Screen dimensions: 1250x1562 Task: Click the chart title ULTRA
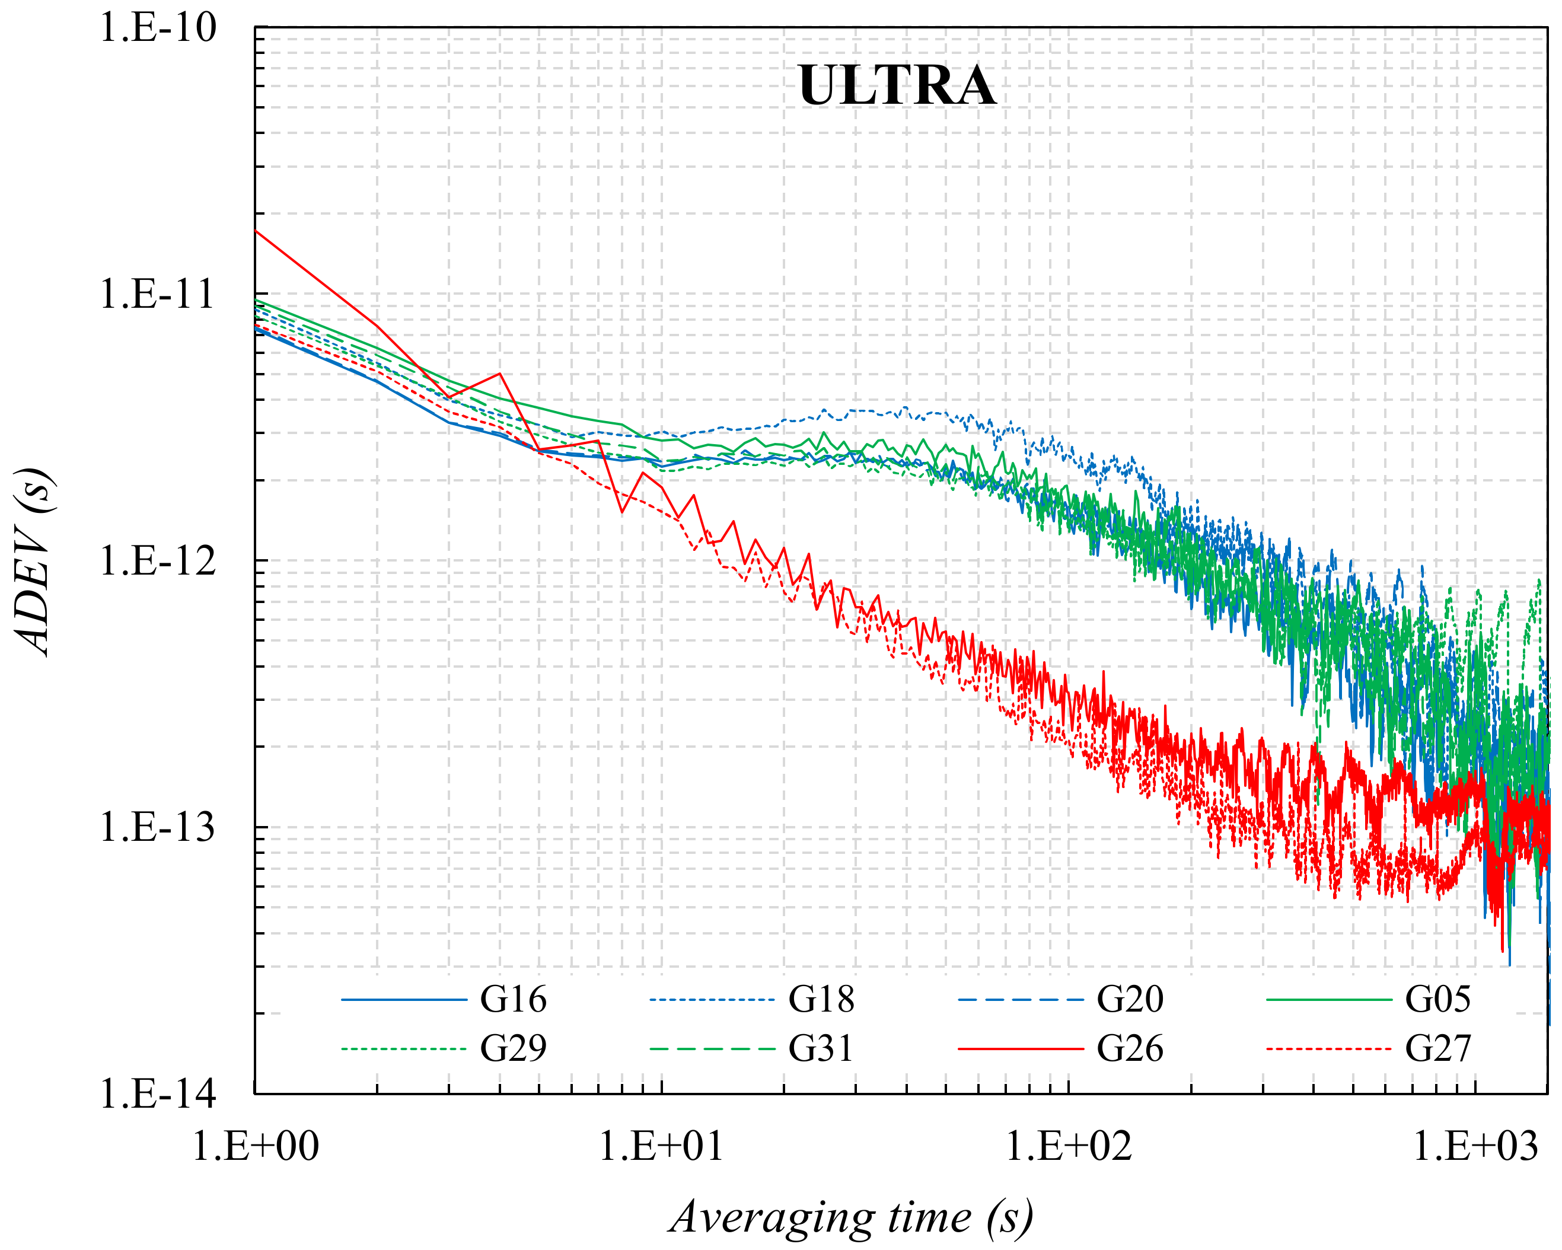click(896, 85)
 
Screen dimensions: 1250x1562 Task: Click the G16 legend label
click(513, 999)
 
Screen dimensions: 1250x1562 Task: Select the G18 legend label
click(821, 999)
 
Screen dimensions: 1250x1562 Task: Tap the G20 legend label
click(1130, 999)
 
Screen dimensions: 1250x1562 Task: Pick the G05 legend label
click(1437, 999)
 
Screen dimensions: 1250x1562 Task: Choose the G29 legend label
click(513, 1048)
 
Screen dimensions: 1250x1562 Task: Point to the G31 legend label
click(821, 1048)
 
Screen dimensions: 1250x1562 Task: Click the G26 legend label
click(1130, 1048)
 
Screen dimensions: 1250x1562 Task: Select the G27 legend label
click(1437, 1048)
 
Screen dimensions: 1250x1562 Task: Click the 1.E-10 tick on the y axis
click(157, 28)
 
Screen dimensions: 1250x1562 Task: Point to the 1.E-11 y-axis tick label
click(157, 294)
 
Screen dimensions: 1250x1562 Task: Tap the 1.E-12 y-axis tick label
click(157, 561)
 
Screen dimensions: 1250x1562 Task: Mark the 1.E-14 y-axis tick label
click(157, 1093)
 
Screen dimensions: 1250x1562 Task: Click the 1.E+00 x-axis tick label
click(255, 1147)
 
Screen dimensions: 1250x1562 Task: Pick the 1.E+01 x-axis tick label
click(661, 1147)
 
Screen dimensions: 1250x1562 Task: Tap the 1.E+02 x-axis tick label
click(1069, 1147)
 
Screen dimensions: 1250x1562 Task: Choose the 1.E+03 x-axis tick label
click(1475, 1147)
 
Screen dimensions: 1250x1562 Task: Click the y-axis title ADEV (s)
click(33, 562)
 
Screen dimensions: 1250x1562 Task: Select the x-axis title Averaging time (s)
click(852, 1217)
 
